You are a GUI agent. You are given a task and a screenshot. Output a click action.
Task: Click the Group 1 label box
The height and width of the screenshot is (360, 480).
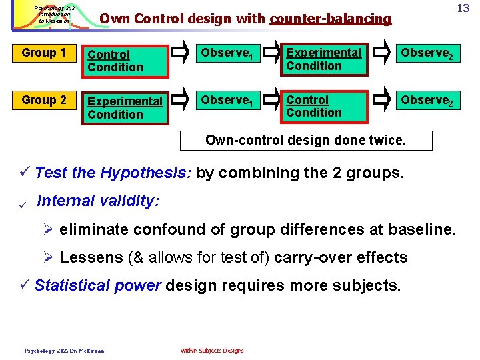point(44,53)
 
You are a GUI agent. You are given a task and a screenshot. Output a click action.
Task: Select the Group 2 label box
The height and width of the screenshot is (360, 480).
point(44,100)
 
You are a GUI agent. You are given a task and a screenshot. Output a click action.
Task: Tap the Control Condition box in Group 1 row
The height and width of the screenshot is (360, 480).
point(124,61)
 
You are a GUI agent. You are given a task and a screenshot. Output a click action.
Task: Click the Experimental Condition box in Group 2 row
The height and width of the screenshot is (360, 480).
point(125,108)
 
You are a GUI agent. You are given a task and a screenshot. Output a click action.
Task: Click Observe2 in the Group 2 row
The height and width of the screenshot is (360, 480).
point(426,101)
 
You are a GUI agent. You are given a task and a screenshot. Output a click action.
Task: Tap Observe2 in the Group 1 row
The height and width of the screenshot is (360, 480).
point(426,53)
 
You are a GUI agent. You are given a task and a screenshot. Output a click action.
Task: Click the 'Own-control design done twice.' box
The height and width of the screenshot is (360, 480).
point(307,140)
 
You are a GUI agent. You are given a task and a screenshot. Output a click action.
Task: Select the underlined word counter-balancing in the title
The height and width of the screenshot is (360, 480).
point(330,19)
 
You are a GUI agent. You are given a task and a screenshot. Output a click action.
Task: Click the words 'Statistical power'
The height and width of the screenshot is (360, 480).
point(97,285)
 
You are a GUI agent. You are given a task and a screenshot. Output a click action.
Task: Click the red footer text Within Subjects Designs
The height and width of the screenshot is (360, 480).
point(212,351)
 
